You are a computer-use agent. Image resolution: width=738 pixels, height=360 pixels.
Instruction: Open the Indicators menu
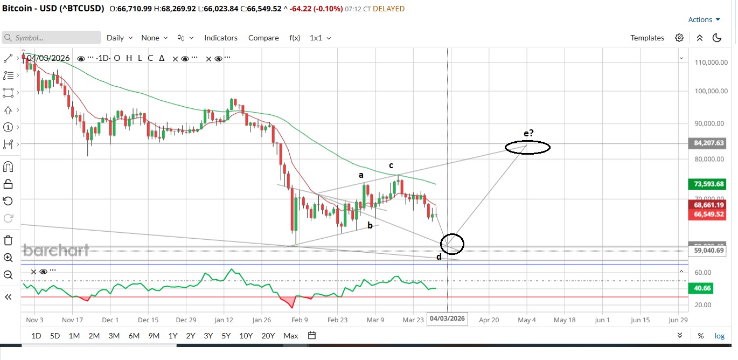click(x=220, y=38)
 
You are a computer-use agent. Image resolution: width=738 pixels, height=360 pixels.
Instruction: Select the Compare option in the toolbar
click(x=263, y=38)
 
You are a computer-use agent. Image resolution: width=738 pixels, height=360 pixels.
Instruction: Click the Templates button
click(x=647, y=38)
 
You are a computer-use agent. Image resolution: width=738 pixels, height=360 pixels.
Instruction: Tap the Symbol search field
click(x=51, y=38)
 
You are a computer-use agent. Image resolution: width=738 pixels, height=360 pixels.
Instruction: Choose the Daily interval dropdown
click(x=119, y=38)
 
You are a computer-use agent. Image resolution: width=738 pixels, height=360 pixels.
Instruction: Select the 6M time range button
click(x=134, y=336)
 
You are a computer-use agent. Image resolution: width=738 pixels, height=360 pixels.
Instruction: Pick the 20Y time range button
click(x=268, y=336)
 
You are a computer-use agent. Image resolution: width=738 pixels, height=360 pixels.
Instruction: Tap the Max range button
click(x=291, y=336)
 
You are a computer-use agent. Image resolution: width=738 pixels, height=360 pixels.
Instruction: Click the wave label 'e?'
click(x=528, y=133)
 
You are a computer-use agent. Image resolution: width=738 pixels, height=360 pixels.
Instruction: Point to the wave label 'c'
click(x=391, y=165)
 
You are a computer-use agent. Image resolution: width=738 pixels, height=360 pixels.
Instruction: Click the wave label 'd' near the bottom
click(x=439, y=257)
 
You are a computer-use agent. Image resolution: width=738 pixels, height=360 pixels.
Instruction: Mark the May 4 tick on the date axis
click(x=527, y=320)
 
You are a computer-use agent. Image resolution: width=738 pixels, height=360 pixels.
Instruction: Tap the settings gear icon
click(x=679, y=38)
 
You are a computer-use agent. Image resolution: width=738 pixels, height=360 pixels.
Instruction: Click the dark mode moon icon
click(x=717, y=38)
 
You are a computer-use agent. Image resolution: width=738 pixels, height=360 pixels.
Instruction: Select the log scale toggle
click(x=720, y=336)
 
